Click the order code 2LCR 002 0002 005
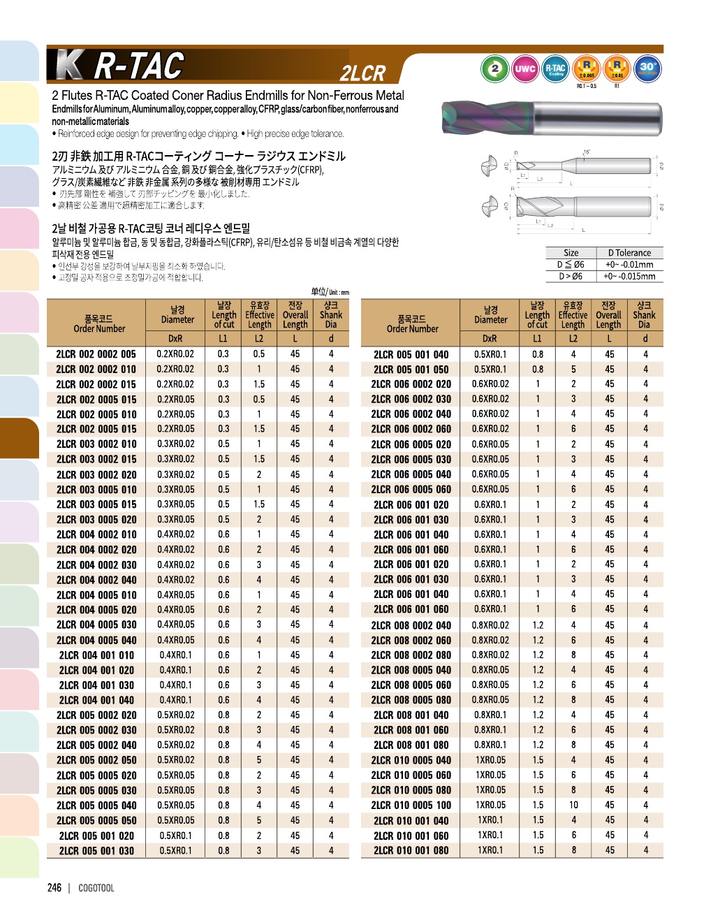click(x=96, y=354)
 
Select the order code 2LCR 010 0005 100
click(x=411, y=805)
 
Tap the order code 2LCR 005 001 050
click(x=411, y=370)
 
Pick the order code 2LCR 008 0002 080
click(x=411, y=655)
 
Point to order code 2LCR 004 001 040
click(x=96, y=700)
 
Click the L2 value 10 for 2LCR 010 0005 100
click(x=573, y=805)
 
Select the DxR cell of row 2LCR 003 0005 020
click(x=176, y=520)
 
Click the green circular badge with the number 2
click(x=495, y=68)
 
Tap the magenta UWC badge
click(x=525, y=68)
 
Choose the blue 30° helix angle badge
click(x=648, y=68)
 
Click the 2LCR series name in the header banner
click(x=362, y=73)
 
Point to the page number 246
click(x=54, y=888)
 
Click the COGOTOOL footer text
click(x=96, y=888)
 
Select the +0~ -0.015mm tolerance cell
click(x=629, y=276)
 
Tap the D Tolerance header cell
click(x=629, y=253)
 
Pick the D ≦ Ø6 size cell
click(x=571, y=265)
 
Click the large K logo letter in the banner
click(x=70, y=66)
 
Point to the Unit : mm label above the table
click(x=330, y=292)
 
